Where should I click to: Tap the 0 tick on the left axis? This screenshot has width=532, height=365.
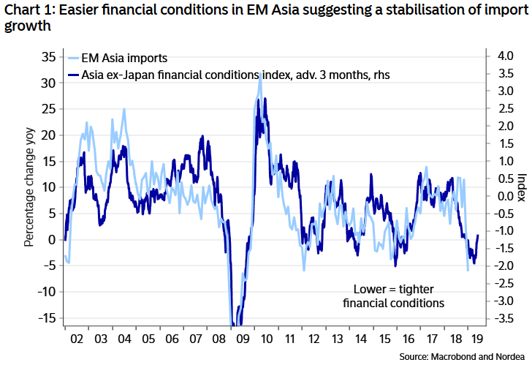pyautogui.click(x=51, y=239)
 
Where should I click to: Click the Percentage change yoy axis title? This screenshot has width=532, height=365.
pyautogui.click(x=28, y=187)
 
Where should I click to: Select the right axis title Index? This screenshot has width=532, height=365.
pyautogui.click(x=520, y=187)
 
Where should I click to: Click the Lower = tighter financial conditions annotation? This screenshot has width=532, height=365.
pyautogui.click(x=398, y=295)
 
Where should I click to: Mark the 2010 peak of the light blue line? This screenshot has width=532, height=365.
pyautogui.click(x=260, y=73)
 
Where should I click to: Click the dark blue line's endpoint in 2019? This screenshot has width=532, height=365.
pyautogui.click(x=478, y=236)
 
